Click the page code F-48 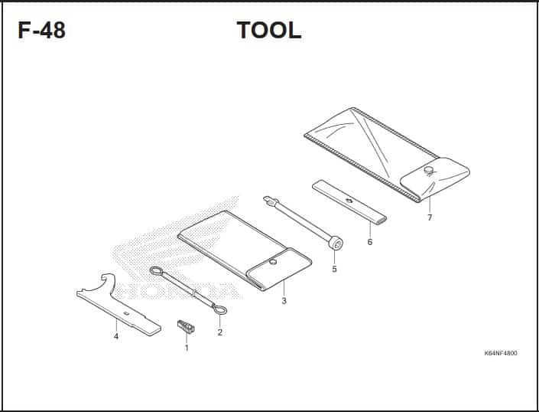coord(41,30)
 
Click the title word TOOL coord(269,30)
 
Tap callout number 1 coord(187,348)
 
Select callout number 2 coord(220,332)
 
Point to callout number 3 coord(284,301)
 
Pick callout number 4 coord(116,336)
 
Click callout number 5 coord(334,269)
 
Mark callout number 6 coord(370,242)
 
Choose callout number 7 coord(430,217)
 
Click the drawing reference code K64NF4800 coord(501,353)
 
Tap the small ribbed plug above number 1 coord(186,326)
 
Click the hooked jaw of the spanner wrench coord(107,283)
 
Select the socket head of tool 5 coord(336,244)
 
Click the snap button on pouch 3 coord(273,262)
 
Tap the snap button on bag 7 coord(428,170)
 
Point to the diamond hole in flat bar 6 coord(349,201)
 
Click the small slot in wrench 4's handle coord(126,313)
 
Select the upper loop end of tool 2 coord(157,271)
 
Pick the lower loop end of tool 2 coord(219,310)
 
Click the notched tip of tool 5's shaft coord(271,201)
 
